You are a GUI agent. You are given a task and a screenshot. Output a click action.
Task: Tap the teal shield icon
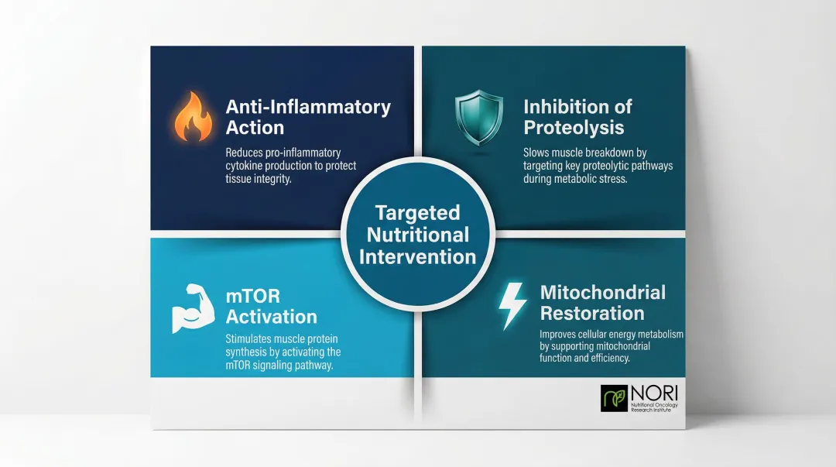pyautogui.click(x=478, y=116)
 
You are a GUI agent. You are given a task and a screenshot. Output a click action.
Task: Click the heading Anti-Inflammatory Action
pyautogui.click(x=307, y=117)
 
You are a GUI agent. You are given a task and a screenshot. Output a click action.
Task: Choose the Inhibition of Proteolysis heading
pyautogui.click(x=577, y=117)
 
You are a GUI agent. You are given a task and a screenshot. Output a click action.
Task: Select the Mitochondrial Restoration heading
pyautogui.click(x=602, y=303)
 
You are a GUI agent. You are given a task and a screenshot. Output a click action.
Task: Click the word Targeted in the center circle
pyautogui.click(x=417, y=213)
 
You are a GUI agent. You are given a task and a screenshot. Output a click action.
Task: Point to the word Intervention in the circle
pyautogui.click(x=417, y=256)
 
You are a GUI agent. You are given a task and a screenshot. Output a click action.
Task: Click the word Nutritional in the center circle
pyautogui.click(x=417, y=235)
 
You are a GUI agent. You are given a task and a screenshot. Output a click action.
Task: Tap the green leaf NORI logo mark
pyautogui.click(x=614, y=397)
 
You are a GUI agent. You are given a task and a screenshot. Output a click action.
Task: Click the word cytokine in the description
pyautogui.click(x=245, y=166)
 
